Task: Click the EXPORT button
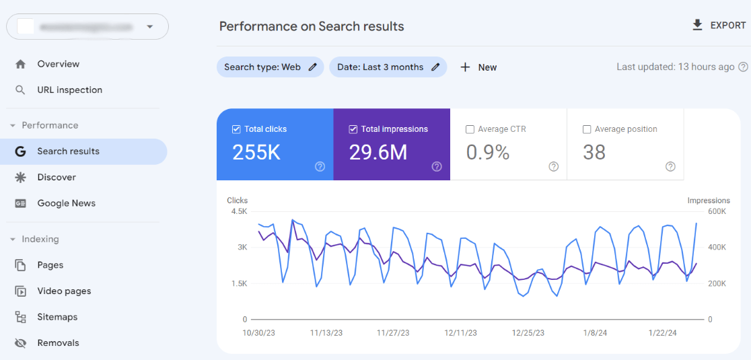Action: click(719, 26)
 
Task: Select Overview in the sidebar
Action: click(58, 64)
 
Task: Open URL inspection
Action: click(69, 90)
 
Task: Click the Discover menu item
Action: click(56, 177)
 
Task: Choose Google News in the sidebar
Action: click(66, 203)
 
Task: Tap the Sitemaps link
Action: click(57, 317)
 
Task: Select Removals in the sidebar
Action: click(58, 343)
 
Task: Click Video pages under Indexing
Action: click(64, 291)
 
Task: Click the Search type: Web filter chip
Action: click(262, 67)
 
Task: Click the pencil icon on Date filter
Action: click(435, 67)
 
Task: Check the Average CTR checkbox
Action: click(470, 129)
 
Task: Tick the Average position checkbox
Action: click(587, 129)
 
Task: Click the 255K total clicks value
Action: click(256, 153)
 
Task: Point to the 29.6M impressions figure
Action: click(378, 153)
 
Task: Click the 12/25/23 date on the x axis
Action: click(528, 333)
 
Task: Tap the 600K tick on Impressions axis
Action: click(716, 211)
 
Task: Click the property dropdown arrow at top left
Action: click(149, 27)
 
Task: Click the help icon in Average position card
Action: click(670, 167)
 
